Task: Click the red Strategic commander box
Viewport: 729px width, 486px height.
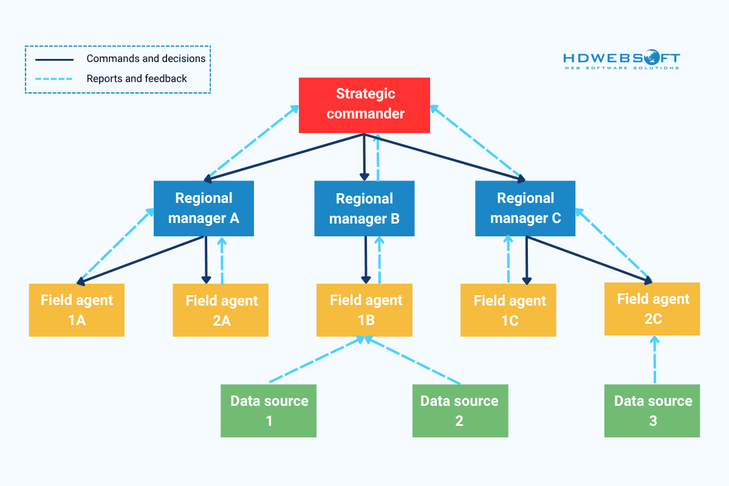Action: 364,105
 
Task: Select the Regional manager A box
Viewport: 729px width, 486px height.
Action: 204,208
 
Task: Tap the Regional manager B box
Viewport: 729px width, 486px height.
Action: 364,208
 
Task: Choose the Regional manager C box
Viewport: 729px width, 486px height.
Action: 525,208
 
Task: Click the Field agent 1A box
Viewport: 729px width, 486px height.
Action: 77,310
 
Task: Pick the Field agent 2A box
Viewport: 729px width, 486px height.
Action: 221,310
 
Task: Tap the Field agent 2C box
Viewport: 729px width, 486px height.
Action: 652,309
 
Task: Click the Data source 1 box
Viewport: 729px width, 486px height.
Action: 269,411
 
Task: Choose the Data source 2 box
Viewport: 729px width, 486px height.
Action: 460,411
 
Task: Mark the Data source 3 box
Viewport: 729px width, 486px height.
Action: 652,411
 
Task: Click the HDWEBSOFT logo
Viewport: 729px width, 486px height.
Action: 621,60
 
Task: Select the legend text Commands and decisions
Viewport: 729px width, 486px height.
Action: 146,59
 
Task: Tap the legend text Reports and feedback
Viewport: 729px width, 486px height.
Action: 137,78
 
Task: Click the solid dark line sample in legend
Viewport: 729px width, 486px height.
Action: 54,60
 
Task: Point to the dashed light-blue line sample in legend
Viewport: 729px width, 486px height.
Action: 54,78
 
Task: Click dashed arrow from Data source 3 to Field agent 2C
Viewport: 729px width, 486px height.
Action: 654,361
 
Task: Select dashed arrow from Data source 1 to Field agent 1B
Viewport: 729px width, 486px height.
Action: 316,361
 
